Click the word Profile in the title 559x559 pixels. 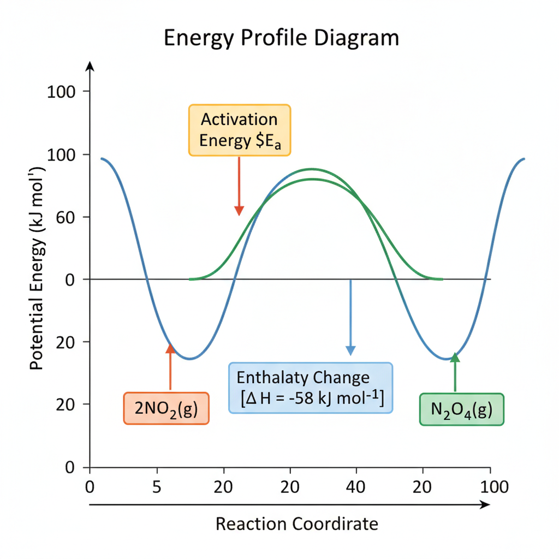pyautogui.click(x=273, y=38)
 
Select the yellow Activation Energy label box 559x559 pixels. pyautogui.click(x=240, y=130)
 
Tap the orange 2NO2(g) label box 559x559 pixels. pyautogui.click(x=166, y=408)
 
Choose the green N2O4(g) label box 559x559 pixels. pyautogui.click(x=462, y=409)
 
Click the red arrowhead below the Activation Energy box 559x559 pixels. pyautogui.click(x=239, y=211)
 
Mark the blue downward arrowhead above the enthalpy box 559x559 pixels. pyautogui.click(x=351, y=350)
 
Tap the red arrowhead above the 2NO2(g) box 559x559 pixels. pyautogui.click(x=170, y=348)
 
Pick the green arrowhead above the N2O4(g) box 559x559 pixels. pyautogui.click(x=455, y=357)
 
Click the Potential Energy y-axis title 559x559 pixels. pyautogui.click(x=37, y=268)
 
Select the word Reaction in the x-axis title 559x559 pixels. pyautogui.click(x=251, y=524)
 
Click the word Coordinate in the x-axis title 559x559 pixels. pyautogui.click(x=336, y=524)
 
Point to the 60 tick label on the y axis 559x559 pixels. pyautogui.click(x=66, y=217)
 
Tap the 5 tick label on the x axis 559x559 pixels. pyautogui.click(x=157, y=487)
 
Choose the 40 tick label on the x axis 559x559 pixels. pyautogui.click(x=356, y=487)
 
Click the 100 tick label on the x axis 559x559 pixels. pyautogui.click(x=494, y=487)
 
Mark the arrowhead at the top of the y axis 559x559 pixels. pyautogui.click(x=90, y=66)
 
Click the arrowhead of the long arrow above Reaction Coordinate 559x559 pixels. pyautogui.click(x=485, y=504)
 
